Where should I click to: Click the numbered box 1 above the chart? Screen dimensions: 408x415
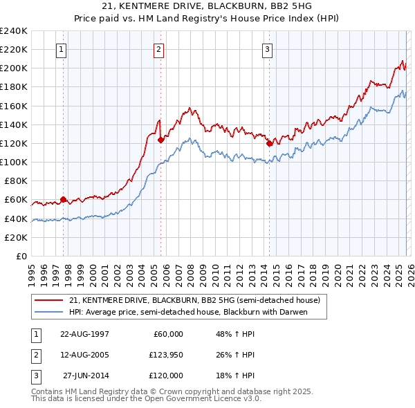coord(62,49)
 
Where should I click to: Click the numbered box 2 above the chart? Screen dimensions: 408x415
coord(159,49)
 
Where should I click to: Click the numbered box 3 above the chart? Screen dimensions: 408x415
coord(267,49)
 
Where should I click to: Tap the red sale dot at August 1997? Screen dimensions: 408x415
coord(63,200)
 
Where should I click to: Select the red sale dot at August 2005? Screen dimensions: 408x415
coord(160,140)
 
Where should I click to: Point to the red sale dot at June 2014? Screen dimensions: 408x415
coord(269,144)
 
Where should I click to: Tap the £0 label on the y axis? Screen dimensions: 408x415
coord(21,256)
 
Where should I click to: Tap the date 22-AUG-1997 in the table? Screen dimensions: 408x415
coord(84,334)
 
